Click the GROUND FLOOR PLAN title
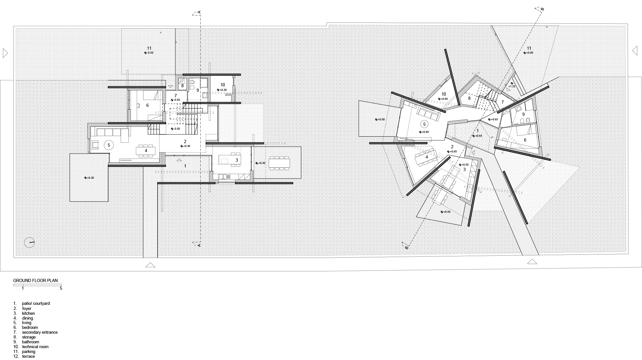coord(35,280)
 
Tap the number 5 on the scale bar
coord(61,288)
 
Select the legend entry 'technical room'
coord(35,347)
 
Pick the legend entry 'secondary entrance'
coord(39,332)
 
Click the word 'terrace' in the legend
coord(28,356)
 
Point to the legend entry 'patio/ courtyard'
coord(36,303)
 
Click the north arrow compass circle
coord(29,242)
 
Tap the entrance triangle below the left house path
coord(150,265)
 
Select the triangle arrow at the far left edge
coord(5,53)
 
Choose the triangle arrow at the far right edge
coord(635,51)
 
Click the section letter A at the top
coord(199,13)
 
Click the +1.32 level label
coord(512,86)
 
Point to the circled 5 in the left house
coord(109,145)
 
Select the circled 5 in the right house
coord(424,124)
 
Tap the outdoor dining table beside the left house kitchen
coord(279,163)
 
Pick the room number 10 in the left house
coord(222,85)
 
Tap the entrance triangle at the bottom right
coord(532,261)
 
